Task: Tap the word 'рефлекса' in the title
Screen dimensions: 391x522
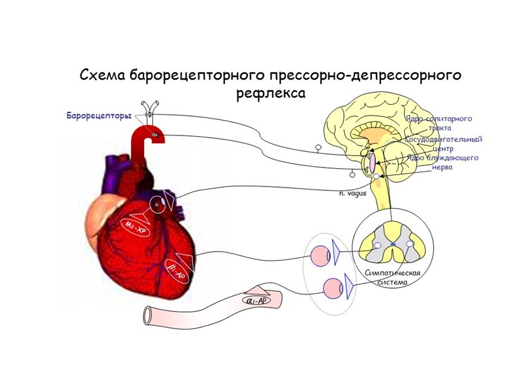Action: coord(270,93)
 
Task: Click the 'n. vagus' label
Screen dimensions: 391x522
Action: coord(352,194)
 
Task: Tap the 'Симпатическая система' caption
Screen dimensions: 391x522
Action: coord(391,277)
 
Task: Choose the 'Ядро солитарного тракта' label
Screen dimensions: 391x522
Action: coord(438,123)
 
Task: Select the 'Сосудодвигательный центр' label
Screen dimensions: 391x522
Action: coord(443,143)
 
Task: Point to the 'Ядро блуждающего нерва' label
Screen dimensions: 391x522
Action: coord(442,162)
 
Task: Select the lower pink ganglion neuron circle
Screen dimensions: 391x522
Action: coord(333,286)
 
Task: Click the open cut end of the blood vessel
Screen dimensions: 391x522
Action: coord(147,317)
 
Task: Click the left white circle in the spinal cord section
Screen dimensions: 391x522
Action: coord(377,245)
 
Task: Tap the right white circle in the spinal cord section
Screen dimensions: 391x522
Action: coord(410,244)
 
